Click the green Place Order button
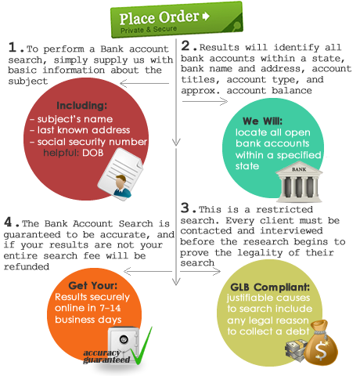(177, 20)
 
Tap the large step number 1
(13, 48)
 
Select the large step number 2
(185, 45)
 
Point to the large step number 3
(185, 208)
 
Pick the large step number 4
(8, 222)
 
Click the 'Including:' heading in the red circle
(82, 106)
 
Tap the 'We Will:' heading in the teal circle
(262, 121)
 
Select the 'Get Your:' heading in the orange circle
(93, 286)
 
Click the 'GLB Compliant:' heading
(270, 287)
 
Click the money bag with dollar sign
(321, 343)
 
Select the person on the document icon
(122, 186)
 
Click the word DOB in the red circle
(93, 153)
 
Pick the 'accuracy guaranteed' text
(106, 356)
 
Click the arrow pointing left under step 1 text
(144, 84)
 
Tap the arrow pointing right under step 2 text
(205, 101)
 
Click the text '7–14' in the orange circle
(110, 308)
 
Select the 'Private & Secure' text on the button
(149, 29)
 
